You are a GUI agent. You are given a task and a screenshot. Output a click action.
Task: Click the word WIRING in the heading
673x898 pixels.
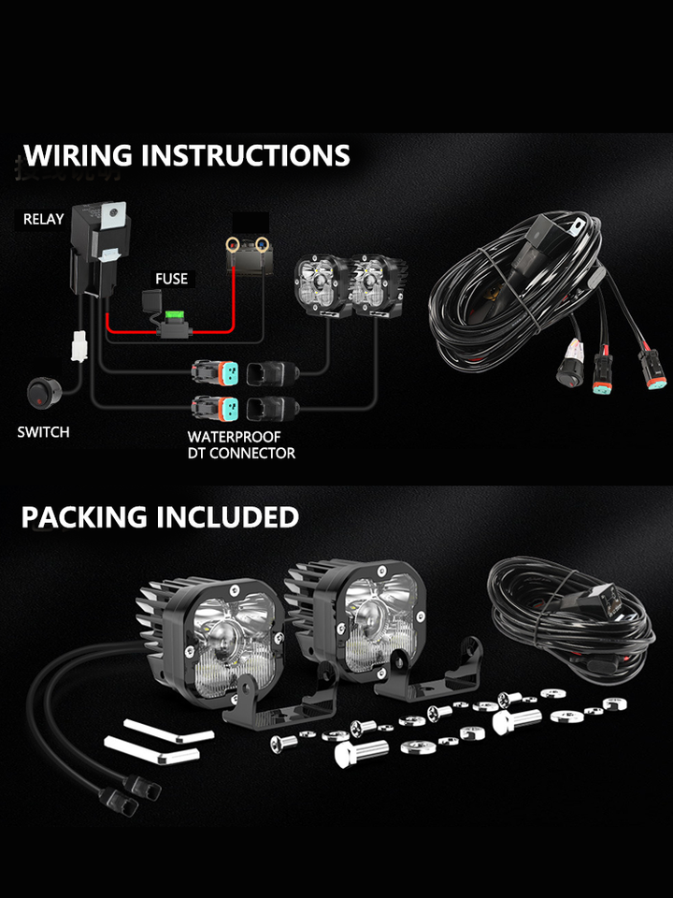point(78,155)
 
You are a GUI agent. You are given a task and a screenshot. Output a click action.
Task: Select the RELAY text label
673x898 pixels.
point(44,220)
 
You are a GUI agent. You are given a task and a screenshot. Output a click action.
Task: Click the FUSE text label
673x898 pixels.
point(171,279)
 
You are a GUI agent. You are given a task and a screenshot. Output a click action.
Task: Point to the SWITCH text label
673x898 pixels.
point(43,432)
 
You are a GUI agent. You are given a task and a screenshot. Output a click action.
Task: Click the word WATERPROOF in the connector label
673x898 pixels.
point(234,437)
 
